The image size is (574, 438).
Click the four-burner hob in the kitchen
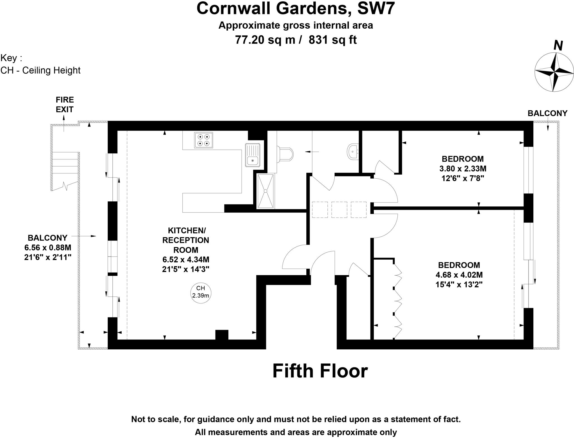203,140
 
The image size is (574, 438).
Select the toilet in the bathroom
285,155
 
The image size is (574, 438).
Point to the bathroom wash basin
353,152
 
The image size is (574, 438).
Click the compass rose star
554,72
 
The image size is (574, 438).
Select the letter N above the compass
558,45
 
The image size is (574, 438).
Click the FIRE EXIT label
64,105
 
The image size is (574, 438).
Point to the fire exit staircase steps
65,171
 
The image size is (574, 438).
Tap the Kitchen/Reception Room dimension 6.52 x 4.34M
186,259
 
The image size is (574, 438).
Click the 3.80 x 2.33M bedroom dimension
463,169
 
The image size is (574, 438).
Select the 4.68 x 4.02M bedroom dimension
459,275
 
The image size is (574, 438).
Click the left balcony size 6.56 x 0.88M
48,248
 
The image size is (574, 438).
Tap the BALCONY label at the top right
547,113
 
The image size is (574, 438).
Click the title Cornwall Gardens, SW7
296,8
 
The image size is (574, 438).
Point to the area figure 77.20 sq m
265,40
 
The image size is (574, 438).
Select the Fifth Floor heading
320,371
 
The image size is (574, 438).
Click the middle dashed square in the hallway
339,210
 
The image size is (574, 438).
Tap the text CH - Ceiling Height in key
40,70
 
